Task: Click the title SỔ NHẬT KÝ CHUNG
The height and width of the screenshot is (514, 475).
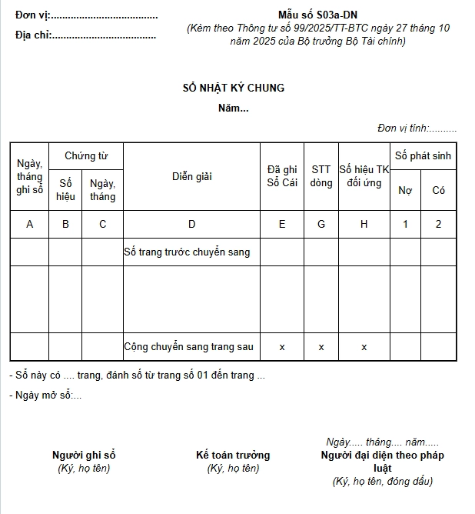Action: (x=233, y=88)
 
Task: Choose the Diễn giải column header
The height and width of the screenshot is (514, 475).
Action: (x=191, y=176)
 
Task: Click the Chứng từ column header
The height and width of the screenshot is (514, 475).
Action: (x=85, y=156)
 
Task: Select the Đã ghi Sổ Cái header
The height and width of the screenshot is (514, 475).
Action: (x=282, y=176)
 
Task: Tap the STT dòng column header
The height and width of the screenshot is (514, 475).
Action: (x=321, y=176)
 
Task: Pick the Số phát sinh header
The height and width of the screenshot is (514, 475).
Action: (x=423, y=156)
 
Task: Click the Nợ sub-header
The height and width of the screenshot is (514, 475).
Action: (x=405, y=190)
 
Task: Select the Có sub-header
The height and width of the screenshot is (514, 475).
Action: (x=439, y=190)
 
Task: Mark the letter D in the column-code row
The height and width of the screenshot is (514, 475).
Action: (x=191, y=224)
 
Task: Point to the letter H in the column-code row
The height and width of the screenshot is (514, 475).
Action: (x=364, y=224)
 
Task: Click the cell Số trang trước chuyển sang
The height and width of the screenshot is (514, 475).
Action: (x=187, y=252)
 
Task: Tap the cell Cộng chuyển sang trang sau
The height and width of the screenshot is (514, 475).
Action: (x=188, y=347)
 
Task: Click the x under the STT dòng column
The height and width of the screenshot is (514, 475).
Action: (x=321, y=347)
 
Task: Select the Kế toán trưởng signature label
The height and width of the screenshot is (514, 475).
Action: (x=233, y=455)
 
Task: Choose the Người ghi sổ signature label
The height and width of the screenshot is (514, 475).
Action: (x=84, y=455)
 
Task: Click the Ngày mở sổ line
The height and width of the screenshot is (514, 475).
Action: (x=45, y=396)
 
